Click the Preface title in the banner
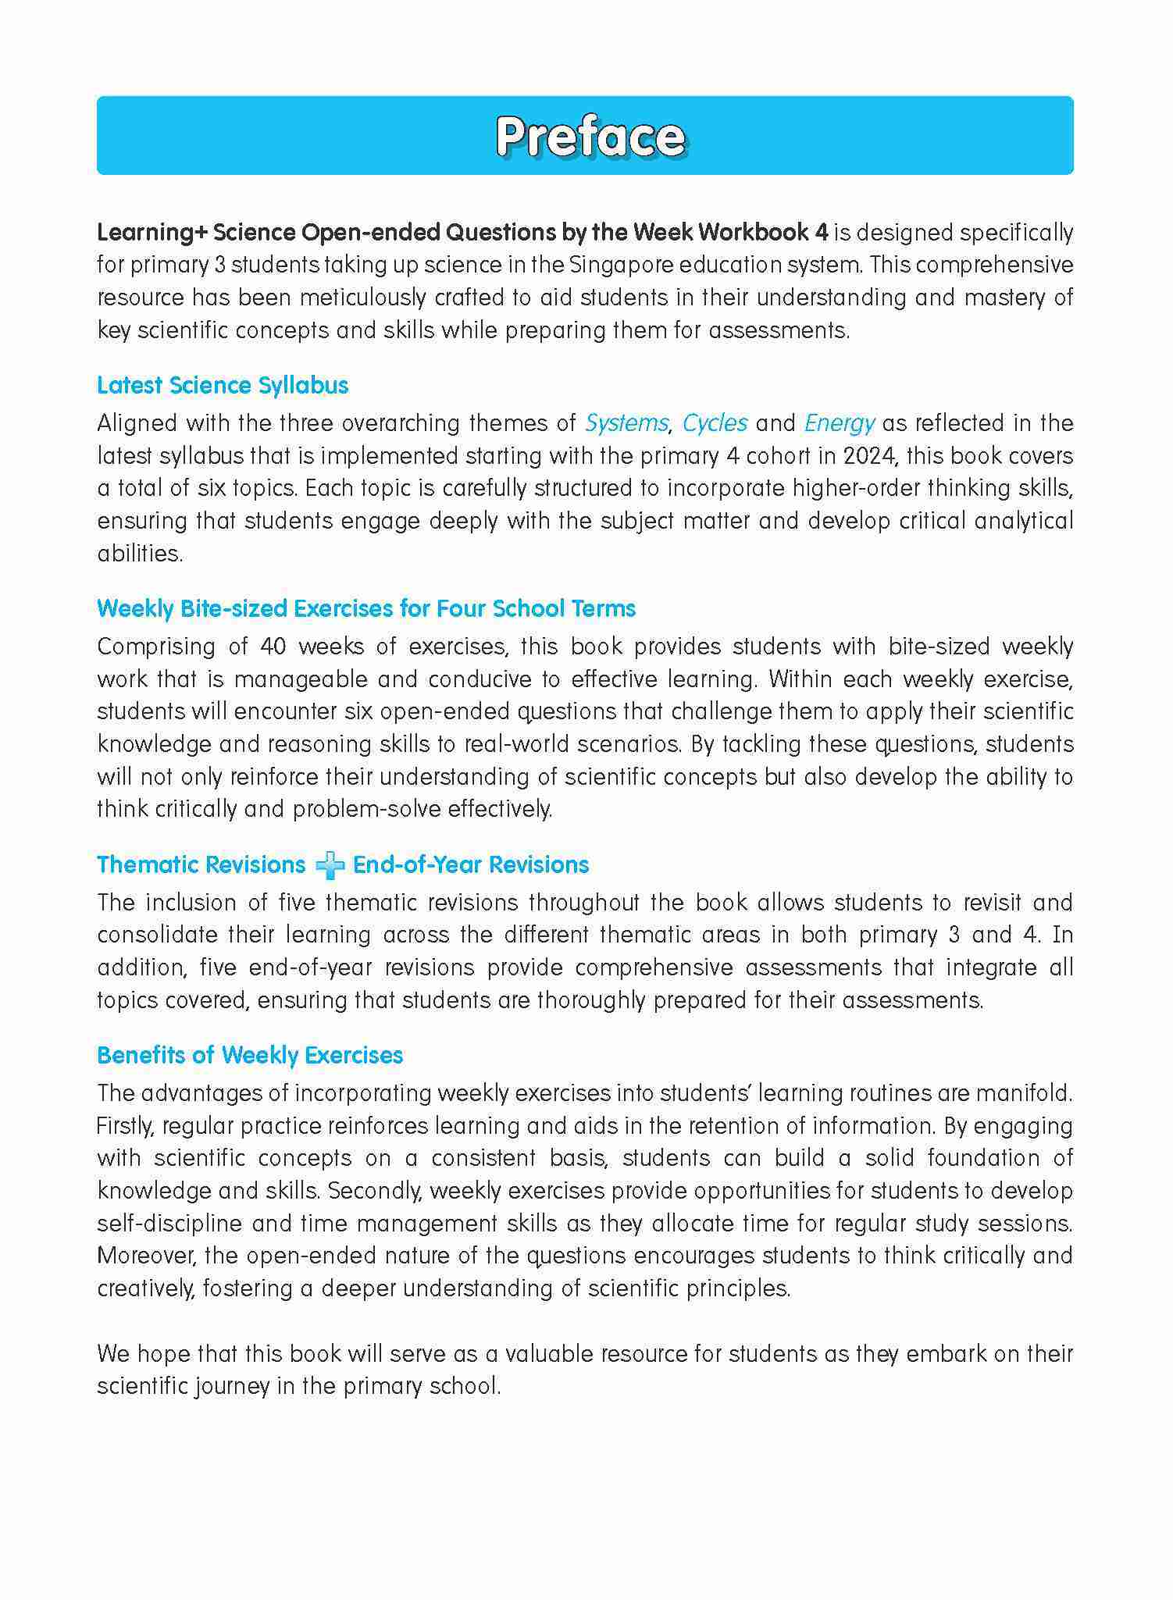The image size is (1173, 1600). tap(590, 137)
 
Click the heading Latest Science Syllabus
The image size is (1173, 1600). tap(223, 385)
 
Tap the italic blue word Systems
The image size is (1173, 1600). tap(626, 423)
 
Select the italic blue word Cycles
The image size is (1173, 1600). tap(715, 423)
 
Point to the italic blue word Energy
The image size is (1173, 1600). tap(839, 423)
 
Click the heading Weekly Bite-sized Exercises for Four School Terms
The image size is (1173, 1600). tap(366, 608)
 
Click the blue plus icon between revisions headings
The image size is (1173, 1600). tap(330, 866)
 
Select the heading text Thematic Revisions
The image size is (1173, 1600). tap(201, 864)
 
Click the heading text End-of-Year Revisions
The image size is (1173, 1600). tap(471, 864)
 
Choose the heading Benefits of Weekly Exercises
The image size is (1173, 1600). tap(250, 1055)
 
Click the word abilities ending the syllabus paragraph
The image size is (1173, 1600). tap(139, 554)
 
